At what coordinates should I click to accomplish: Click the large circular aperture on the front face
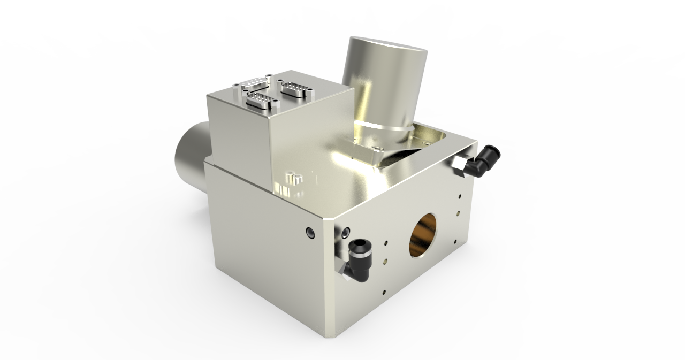(423, 235)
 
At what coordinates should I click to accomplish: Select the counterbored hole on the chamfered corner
(345, 232)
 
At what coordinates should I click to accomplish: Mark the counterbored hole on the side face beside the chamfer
(310, 232)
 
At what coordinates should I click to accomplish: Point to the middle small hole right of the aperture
(458, 214)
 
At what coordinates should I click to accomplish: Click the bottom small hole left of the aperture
(384, 292)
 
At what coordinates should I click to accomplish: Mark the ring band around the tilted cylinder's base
(384, 126)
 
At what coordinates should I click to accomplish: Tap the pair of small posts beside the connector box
(293, 177)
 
